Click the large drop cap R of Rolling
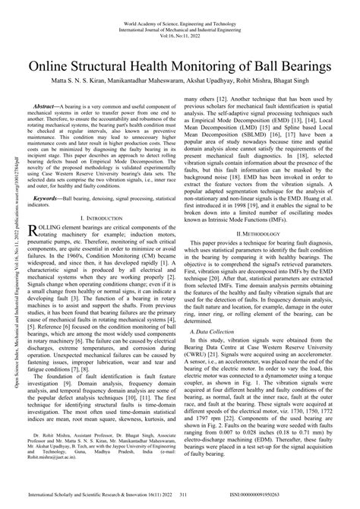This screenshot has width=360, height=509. [32, 231]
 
